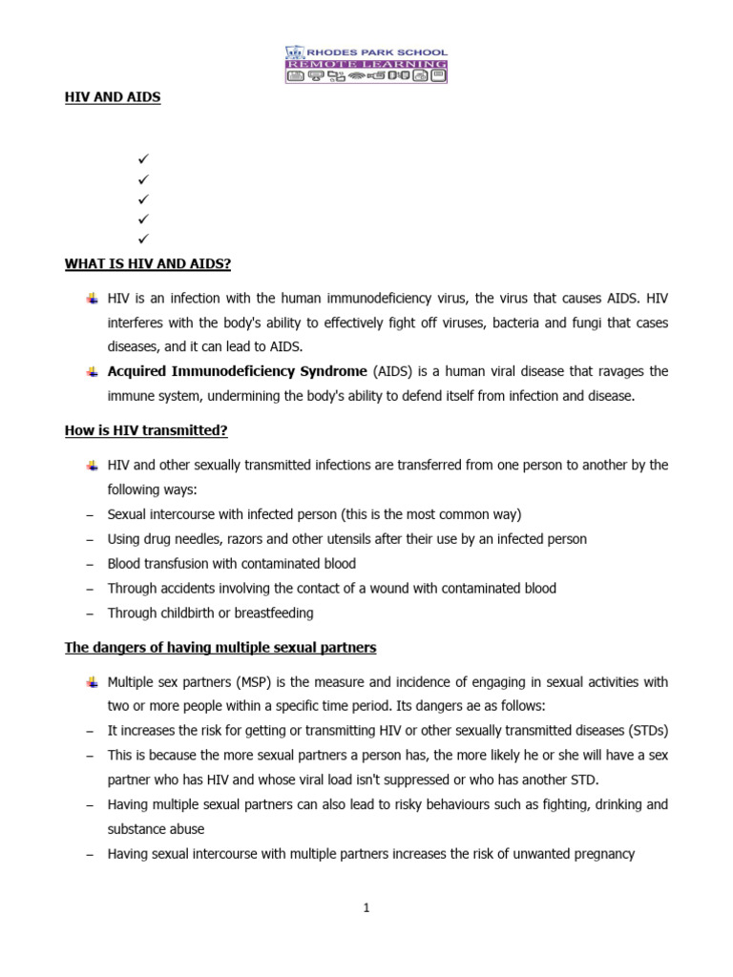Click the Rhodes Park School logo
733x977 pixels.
pyautogui.click(x=366, y=64)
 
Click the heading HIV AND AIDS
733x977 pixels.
pyautogui.click(x=113, y=97)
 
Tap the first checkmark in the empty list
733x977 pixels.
pyautogui.click(x=143, y=158)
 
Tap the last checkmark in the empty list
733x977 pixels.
pyautogui.click(x=143, y=239)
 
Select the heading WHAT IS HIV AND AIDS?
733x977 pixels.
pyautogui.click(x=148, y=263)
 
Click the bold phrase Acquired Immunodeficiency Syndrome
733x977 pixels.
pyautogui.click(x=237, y=371)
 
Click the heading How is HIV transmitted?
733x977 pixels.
pyautogui.click(x=146, y=430)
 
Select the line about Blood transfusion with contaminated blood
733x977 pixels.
pyautogui.click(x=231, y=564)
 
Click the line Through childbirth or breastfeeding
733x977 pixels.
pyautogui.click(x=210, y=613)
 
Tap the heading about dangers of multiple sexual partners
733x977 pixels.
pyautogui.click(x=220, y=648)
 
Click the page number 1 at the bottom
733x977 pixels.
pyautogui.click(x=366, y=908)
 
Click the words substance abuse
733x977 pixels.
pyautogui.click(x=156, y=829)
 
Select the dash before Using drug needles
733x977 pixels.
pyautogui.click(x=90, y=540)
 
